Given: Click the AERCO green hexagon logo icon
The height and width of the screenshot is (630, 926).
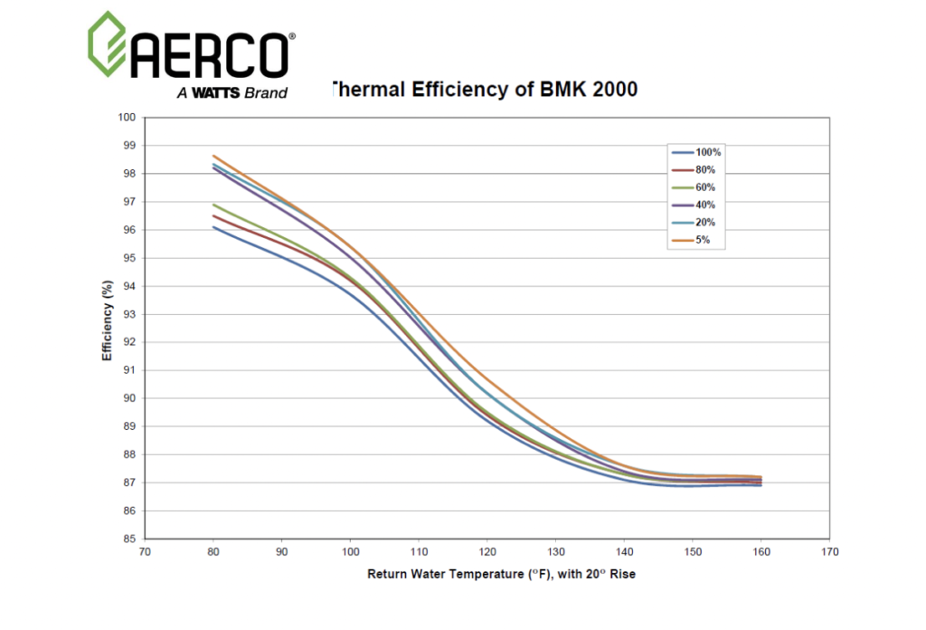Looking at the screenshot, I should tap(107, 43).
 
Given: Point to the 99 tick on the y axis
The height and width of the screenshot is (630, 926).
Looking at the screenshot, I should tap(128, 145).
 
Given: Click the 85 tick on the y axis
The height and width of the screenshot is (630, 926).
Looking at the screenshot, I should tap(128, 539).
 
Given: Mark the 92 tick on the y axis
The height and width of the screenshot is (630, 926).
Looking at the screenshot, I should tap(128, 342).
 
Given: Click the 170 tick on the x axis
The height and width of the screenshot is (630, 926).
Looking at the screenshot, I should tap(828, 550).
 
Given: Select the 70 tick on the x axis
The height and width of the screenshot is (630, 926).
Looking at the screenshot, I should tap(145, 550).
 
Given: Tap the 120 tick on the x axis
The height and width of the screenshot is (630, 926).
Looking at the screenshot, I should tap(487, 550).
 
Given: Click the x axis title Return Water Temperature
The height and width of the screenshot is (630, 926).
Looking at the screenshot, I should tap(501, 574).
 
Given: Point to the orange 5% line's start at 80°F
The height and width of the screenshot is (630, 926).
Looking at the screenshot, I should tap(213, 156).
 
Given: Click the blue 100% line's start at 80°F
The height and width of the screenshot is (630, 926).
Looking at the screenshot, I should tap(213, 227).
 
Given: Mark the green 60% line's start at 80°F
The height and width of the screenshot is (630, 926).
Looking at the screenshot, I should tap(213, 205).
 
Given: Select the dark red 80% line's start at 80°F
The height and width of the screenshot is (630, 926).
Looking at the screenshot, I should tap(213, 215).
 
